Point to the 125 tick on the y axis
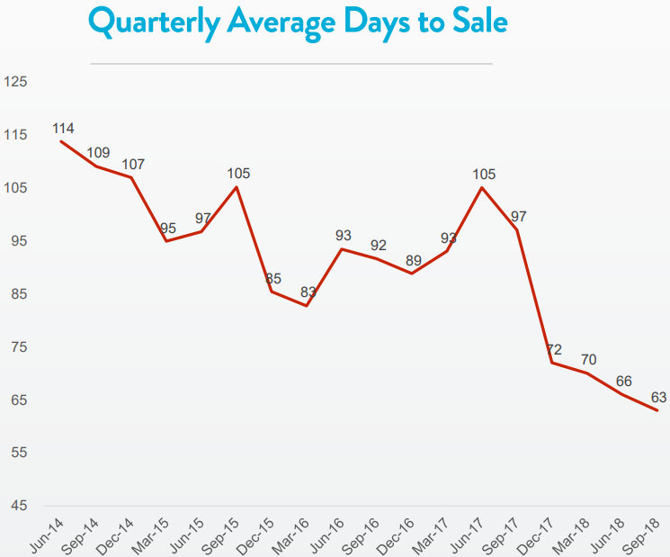tap(16, 82)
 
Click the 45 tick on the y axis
tap(16, 505)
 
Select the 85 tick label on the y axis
tap(16, 294)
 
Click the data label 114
tap(64, 128)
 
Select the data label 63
tap(658, 397)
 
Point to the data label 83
tap(308, 292)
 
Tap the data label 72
tap(553, 348)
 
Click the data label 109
tap(99, 152)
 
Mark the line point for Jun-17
tap(483, 187)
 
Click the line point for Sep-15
tap(237, 187)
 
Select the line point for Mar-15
tap(166, 240)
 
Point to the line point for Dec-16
tap(412, 273)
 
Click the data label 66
tap(623, 381)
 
